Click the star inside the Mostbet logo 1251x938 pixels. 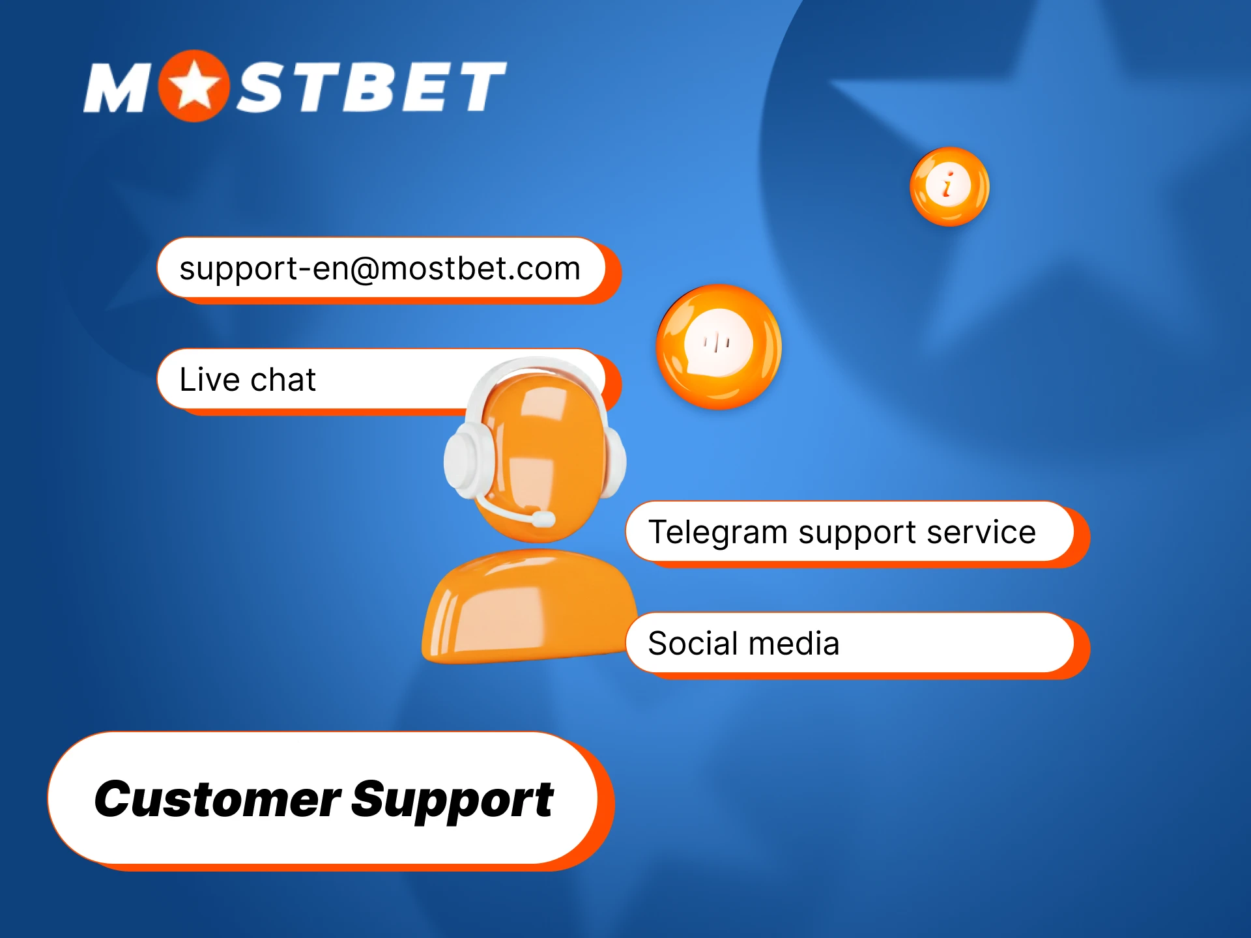[194, 87]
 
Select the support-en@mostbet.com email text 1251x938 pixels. [380, 269]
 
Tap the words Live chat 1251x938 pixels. [248, 380]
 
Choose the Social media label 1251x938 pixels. [743, 644]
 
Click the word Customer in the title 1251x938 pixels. [217, 799]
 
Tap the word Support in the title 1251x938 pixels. [452, 801]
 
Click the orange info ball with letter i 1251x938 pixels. [949, 186]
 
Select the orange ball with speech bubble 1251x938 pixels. [719, 347]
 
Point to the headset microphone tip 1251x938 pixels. [543, 519]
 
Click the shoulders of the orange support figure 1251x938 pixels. [528, 606]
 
